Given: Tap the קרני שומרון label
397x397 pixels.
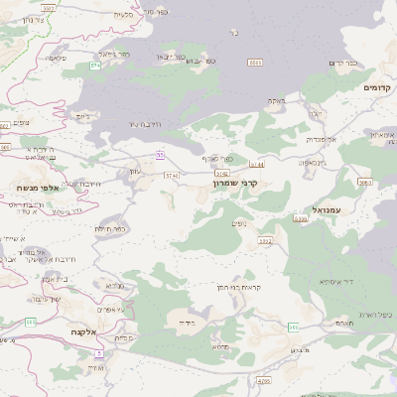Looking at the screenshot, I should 235,184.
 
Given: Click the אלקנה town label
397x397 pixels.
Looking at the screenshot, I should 82,332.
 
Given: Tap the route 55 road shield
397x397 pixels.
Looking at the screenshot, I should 159,153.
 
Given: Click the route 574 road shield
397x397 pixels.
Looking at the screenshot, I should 96,66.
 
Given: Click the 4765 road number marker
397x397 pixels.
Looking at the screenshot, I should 263,380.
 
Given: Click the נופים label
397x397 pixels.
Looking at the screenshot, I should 238,224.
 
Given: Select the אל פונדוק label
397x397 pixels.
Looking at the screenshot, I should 321,140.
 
